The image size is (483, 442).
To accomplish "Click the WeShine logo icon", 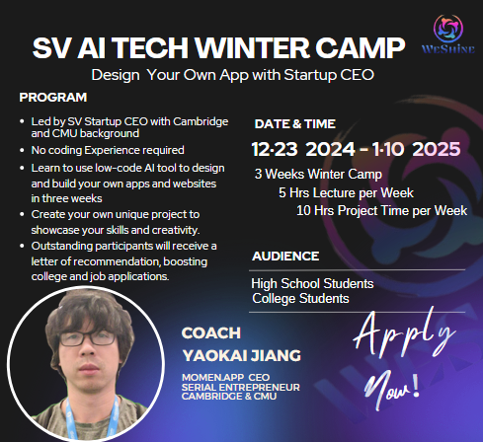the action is (x=448, y=29).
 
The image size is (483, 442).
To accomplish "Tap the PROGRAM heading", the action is (x=53, y=98).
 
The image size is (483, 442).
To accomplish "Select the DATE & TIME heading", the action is (x=295, y=124).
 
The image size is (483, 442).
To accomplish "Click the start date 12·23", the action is (x=275, y=149).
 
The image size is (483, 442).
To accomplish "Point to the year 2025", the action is (x=437, y=149).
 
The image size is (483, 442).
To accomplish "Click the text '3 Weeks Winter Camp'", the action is (x=318, y=175).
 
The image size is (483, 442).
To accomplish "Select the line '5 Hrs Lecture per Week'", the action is (x=346, y=192).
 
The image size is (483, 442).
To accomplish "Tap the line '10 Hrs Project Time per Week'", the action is (x=381, y=210).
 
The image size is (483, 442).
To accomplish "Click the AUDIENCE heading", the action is (x=285, y=257).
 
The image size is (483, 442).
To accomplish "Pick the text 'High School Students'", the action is (x=312, y=283).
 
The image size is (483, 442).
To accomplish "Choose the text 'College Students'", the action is (x=300, y=299).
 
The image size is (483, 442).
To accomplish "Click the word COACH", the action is (x=211, y=333).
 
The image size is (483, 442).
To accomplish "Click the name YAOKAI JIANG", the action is (x=242, y=356).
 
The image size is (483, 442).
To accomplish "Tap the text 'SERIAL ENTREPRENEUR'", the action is (x=241, y=387).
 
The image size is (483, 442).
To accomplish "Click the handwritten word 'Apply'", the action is (x=404, y=333).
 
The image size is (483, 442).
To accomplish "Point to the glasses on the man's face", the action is (x=87, y=338).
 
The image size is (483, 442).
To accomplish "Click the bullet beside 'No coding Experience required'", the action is (x=22, y=151).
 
